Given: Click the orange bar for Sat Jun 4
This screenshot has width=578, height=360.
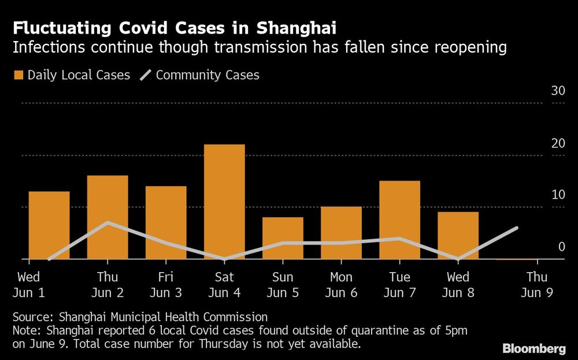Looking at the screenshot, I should (224, 202).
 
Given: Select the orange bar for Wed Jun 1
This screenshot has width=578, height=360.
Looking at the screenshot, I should (49, 225).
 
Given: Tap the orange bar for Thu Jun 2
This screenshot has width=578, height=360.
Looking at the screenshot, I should (108, 217).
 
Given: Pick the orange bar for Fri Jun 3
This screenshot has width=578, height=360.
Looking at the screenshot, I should (166, 222).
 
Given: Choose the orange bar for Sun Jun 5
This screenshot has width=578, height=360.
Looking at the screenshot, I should (283, 238).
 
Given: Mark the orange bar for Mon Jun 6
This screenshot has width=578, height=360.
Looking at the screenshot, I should (341, 233).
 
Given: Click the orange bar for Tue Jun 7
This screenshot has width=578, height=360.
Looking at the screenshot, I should (399, 220).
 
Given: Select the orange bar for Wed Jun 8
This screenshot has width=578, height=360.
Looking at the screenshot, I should (458, 236).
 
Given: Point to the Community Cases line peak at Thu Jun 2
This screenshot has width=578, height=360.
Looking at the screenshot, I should (108, 222).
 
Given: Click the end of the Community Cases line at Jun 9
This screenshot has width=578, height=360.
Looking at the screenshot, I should (517, 228).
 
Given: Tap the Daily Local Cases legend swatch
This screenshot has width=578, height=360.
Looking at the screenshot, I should (18, 75).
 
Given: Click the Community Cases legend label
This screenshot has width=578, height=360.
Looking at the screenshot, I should (208, 75).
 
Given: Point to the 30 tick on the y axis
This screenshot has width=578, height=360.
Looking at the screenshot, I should (558, 91).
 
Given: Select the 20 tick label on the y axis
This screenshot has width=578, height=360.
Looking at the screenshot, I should (558, 143).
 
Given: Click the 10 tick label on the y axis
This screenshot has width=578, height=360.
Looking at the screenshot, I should (558, 195).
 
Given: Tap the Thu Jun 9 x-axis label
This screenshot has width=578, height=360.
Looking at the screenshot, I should (536, 285).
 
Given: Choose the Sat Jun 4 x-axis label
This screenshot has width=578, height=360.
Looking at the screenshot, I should (224, 285).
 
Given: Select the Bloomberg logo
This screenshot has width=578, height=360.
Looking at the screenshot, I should (533, 348).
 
